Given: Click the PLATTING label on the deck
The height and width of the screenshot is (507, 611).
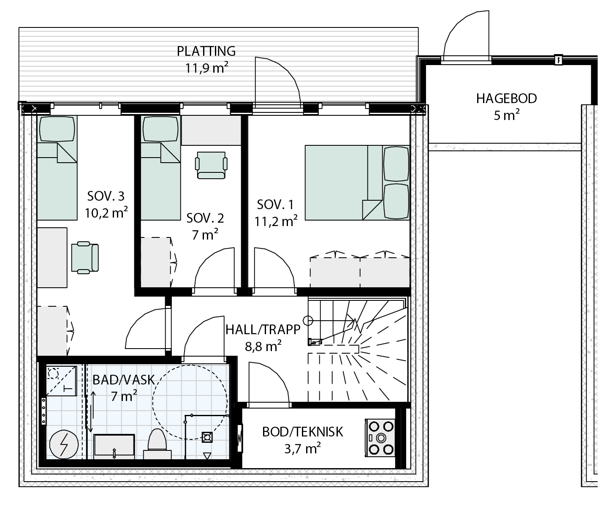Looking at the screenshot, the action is point(206,51).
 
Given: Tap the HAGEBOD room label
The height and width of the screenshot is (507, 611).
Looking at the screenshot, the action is point(506,99).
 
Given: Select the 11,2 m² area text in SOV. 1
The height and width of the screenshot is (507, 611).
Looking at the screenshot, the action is point(276,221).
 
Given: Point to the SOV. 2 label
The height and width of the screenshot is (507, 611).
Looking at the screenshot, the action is point(205,218).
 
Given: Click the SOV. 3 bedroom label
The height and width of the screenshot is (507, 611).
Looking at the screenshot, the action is point(106,196).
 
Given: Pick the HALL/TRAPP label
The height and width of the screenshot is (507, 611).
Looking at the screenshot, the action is point(263,330).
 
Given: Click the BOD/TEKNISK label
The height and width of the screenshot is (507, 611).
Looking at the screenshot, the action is point(302,432).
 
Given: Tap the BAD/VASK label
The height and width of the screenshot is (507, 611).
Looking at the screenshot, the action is point(123,380).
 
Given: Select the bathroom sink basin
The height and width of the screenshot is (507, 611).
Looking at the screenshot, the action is point(114,446).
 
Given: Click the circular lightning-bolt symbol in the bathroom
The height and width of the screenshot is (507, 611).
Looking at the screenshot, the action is point(64,444).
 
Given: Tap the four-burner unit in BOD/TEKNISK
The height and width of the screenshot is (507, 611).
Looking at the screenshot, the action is point(380,438).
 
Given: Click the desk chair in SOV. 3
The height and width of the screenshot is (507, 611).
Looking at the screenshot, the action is point(85,257).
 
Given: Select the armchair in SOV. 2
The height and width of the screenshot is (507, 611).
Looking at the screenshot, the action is point(211,165).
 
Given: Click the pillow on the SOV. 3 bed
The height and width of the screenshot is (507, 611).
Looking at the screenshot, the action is point(57,129).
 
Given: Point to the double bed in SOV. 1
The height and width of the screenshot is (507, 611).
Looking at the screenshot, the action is point(357,183).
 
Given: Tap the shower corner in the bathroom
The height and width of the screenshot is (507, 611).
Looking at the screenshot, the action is point(61,381).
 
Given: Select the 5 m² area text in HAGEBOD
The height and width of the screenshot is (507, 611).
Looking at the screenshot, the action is point(506,115).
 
